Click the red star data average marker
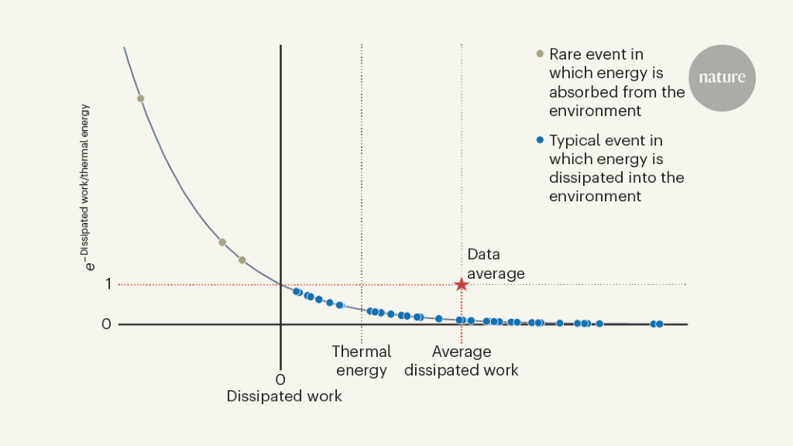462,284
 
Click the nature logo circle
722,77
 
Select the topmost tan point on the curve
140,98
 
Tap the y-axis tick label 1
108,284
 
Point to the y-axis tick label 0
107,324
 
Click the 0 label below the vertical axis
280,379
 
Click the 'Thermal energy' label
362,361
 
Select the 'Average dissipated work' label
462,361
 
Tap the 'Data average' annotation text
496,263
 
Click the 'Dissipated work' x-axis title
284,396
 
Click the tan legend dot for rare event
541,54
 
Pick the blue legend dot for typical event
541,141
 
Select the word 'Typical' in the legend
574,141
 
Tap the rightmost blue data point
659,324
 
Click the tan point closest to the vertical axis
242,260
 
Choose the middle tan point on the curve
222,242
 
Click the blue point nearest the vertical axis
297,292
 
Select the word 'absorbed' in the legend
582,92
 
